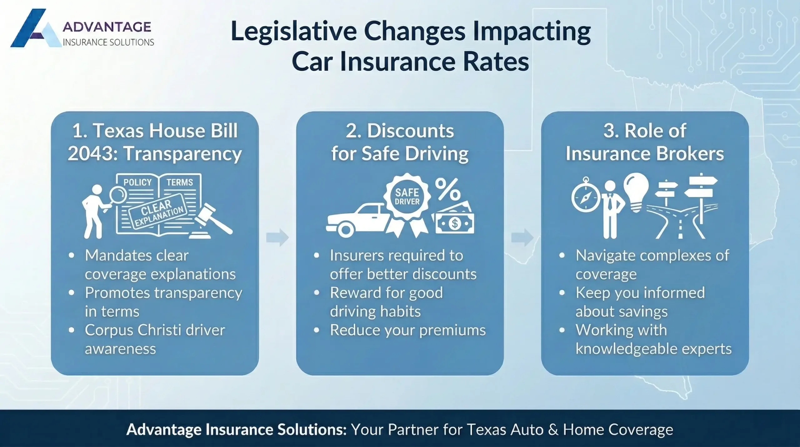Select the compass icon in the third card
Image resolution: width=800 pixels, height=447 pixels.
click(x=586, y=198)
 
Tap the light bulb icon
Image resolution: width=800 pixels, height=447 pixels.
click(x=636, y=191)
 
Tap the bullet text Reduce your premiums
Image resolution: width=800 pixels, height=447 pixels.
click(x=407, y=330)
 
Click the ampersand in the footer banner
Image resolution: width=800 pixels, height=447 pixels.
click(x=553, y=430)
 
